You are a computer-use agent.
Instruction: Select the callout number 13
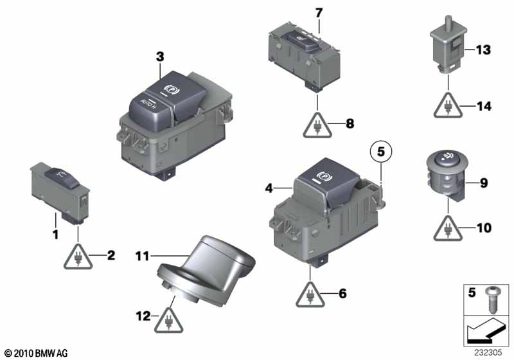point(483,50)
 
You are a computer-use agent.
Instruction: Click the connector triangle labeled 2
point(78,256)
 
